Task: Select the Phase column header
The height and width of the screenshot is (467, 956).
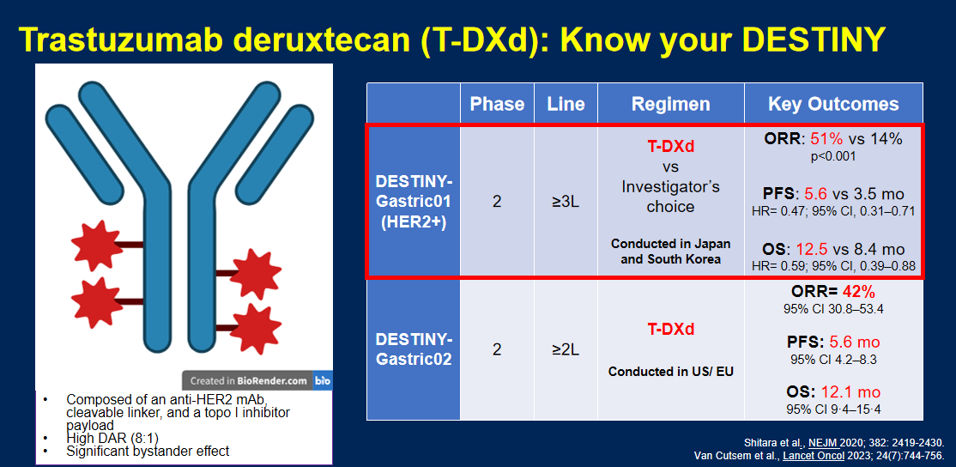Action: (497, 104)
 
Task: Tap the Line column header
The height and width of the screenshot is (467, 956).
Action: (566, 104)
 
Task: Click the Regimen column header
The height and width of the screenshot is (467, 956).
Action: (671, 104)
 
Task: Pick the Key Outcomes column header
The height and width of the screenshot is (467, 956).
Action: (833, 104)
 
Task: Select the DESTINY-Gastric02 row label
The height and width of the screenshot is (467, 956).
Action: (414, 349)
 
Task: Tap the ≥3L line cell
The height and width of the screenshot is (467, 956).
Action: (566, 201)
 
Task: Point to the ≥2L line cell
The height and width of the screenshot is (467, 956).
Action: (566, 349)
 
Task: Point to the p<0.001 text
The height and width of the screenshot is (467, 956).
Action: (833, 156)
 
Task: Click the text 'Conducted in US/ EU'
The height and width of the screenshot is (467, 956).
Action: (671, 371)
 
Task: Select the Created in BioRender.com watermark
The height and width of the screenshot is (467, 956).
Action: (248, 381)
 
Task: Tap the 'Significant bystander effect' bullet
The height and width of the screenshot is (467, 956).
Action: (148, 451)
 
